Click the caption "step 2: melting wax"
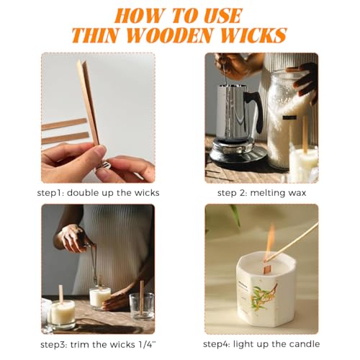(261, 193)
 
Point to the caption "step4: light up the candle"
(261, 344)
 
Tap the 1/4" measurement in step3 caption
(147, 345)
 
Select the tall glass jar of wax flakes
(288, 120)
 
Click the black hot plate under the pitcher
(238, 151)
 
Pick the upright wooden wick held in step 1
(88, 102)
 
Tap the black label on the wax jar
(289, 117)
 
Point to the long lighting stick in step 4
(292, 242)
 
